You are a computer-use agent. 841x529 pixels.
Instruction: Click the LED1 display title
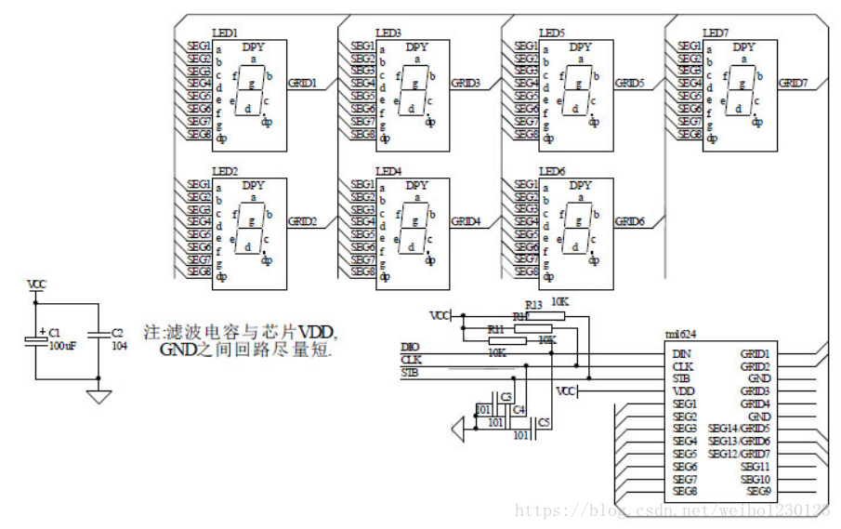[x=227, y=33]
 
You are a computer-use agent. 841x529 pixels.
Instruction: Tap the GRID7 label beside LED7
[x=793, y=83]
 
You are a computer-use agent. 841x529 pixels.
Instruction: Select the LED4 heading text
[x=389, y=171]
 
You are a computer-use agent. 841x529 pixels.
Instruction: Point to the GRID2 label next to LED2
[x=302, y=221]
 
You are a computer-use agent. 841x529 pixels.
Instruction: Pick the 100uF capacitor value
[x=61, y=345]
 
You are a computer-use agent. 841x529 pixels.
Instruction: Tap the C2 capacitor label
[x=116, y=332]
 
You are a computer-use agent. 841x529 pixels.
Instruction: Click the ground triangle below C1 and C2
[x=99, y=397]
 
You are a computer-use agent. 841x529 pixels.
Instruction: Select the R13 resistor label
[x=533, y=304]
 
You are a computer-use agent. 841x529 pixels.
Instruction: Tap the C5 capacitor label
[x=544, y=423]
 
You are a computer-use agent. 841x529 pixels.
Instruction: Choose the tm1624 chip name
[x=680, y=336]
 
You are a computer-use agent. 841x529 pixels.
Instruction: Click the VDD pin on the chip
[x=684, y=391]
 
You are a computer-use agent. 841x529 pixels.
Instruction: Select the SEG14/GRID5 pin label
[x=739, y=429]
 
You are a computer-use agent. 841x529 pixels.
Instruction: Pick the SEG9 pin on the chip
[x=758, y=491]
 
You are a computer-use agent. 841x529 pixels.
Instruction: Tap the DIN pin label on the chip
[x=683, y=353]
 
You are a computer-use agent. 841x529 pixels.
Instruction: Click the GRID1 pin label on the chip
[x=754, y=353]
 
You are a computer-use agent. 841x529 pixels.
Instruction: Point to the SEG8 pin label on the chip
[x=686, y=491]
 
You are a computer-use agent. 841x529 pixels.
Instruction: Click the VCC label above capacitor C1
[x=36, y=284]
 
